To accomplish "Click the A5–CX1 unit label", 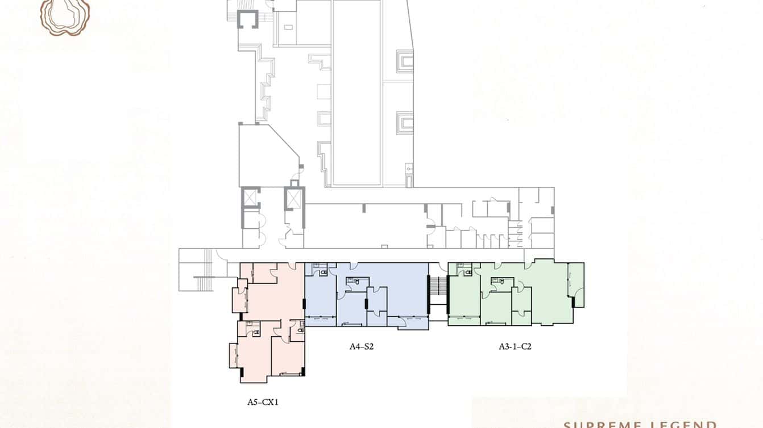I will pos(262,402).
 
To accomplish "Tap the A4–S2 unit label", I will pos(361,346).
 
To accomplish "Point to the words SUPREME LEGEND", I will pos(640,424).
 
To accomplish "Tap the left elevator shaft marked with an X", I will pos(251,198).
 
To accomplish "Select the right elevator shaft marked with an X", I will pos(295,199).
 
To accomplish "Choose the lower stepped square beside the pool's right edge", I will pos(405,122).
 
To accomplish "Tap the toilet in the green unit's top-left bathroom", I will pos(467,272).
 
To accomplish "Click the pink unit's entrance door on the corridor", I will pos(293,265).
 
